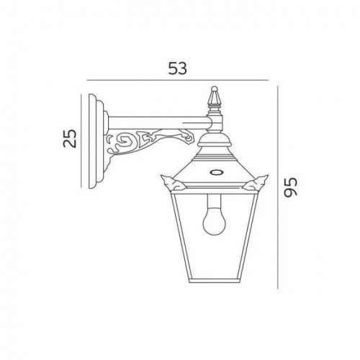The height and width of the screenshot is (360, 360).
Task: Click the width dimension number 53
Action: tap(177, 68)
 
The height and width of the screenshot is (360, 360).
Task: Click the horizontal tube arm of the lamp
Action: tap(155, 120)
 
